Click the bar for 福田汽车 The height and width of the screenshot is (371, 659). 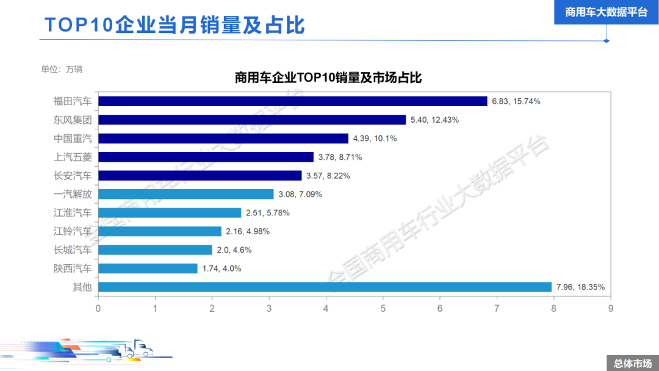tap(293, 101)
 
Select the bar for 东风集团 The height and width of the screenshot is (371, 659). tap(252, 120)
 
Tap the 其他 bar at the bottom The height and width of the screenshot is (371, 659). tap(325, 287)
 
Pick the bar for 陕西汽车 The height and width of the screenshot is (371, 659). tap(148, 268)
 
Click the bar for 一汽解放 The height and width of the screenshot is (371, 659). tap(186, 194)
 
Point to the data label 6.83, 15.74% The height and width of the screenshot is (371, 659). tap(516, 101)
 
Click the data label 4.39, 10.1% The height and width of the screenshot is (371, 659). tap(375, 139)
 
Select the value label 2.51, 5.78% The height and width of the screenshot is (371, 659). tap(267, 213)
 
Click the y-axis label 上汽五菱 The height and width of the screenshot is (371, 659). tap(73, 157)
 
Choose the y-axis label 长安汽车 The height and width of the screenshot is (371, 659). tap(73, 176)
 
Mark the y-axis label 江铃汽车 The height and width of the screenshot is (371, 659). tap(73, 231)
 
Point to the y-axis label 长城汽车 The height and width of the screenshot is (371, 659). tap(73, 250)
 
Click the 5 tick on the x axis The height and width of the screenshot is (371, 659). tap(383, 309)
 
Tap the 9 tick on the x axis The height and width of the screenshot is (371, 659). tap(610, 309)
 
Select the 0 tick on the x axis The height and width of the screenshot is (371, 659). tap(98, 309)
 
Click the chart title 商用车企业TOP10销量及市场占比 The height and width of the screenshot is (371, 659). tap(328, 78)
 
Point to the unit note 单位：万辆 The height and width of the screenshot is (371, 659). tap(62, 69)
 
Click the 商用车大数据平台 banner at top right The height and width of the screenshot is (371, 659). tap(606, 12)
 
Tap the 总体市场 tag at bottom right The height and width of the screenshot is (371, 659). tap(632, 363)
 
